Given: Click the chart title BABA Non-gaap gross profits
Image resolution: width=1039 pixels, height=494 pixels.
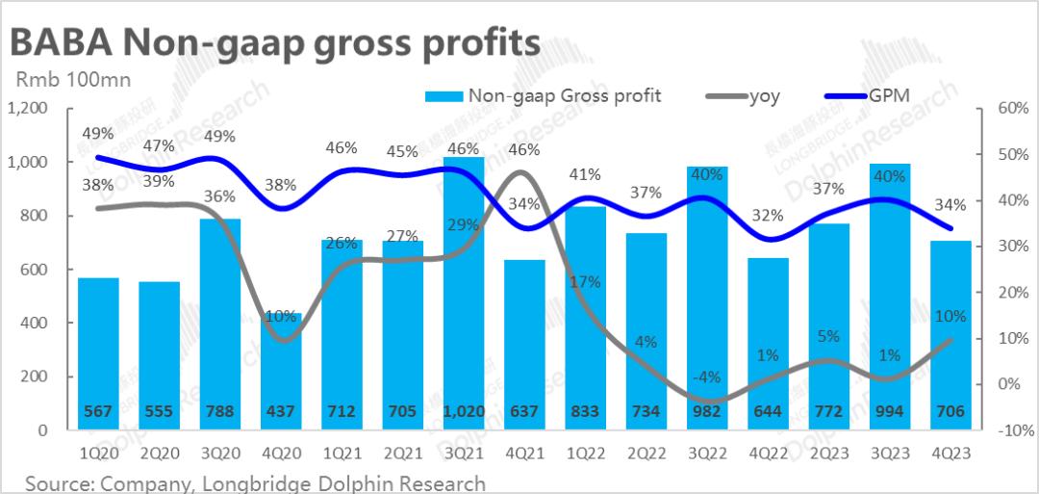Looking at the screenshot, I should tap(273, 42).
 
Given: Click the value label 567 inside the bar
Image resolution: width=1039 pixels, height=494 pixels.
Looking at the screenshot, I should tap(98, 411).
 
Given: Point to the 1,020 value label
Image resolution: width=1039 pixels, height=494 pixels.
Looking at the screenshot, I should tap(463, 411).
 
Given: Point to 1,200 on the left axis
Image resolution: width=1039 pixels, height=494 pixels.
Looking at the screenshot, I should tap(27, 108).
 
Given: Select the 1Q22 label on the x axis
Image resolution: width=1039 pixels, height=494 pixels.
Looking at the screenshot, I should tap(585, 453).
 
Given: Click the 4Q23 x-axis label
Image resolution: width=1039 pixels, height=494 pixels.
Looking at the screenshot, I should tap(950, 453).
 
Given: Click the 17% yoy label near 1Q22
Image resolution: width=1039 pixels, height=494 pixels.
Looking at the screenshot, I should tap(585, 282).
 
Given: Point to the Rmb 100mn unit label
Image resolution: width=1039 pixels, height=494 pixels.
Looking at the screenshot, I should tap(70, 80).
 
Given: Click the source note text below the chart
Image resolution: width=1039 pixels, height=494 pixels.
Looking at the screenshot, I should tap(256, 481).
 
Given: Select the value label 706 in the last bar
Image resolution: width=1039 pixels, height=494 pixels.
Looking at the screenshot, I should tap(950, 411).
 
